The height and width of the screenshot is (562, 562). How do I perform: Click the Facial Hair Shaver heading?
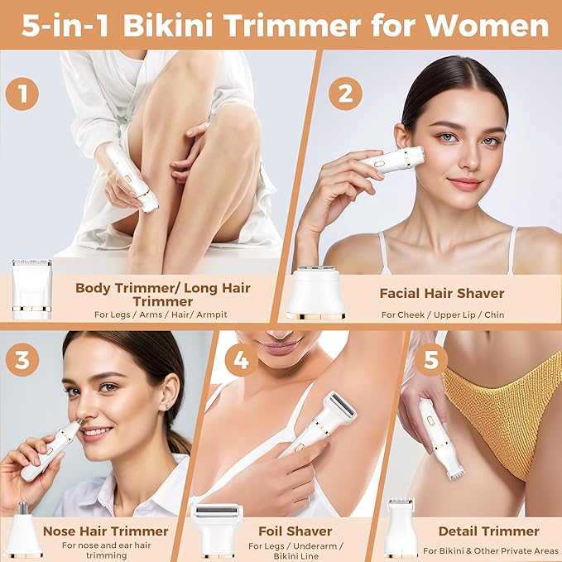point(441,293)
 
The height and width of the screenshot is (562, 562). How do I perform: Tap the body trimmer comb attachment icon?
point(31,289)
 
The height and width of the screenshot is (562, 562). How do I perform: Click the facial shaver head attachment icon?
point(315,291)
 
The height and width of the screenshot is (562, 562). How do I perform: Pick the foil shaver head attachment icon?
point(216,530)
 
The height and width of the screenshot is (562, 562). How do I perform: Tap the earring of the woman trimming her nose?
point(169,406)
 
